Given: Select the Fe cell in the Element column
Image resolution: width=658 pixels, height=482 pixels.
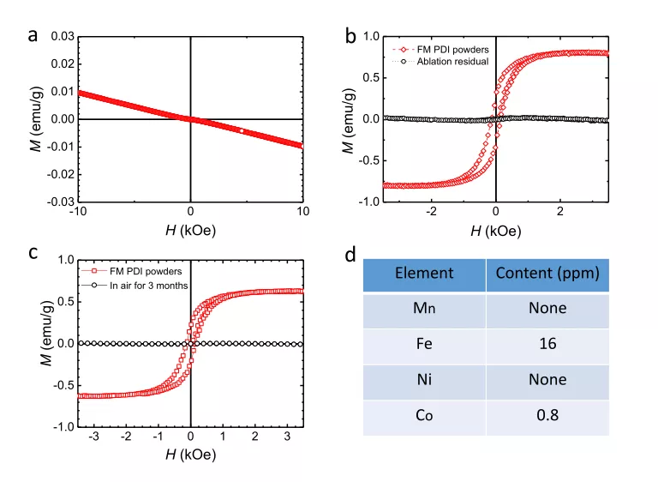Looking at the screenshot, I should (x=424, y=343).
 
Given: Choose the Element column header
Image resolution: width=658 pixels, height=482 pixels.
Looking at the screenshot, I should (x=424, y=274).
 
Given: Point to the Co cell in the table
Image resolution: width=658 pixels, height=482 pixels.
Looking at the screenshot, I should (x=424, y=417).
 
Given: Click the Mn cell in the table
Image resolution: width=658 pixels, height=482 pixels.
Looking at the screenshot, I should (x=424, y=308).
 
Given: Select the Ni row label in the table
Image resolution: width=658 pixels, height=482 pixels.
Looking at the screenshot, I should (x=424, y=380).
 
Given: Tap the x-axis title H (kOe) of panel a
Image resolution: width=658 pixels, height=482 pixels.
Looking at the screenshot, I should (x=190, y=229).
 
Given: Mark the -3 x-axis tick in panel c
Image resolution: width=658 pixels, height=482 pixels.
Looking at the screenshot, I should (x=94, y=436).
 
